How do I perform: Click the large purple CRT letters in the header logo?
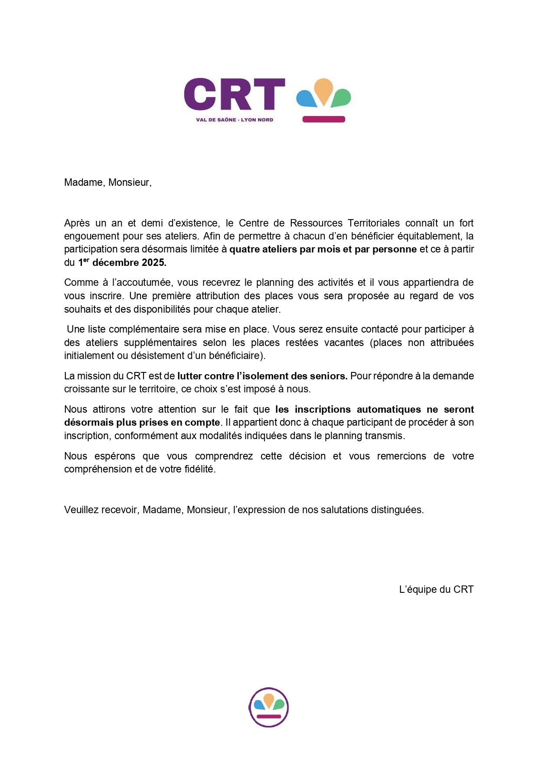click(x=234, y=94)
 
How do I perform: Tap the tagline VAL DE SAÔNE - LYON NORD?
click(x=235, y=120)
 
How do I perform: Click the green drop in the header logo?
click(x=341, y=98)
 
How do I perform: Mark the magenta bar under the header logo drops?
click(x=323, y=120)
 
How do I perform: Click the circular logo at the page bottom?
click(x=269, y=707)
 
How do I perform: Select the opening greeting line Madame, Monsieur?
click(x=108, y=182)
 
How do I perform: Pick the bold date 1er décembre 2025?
click(x=122, y=262)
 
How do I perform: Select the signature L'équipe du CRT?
click(x=436, y=589)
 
